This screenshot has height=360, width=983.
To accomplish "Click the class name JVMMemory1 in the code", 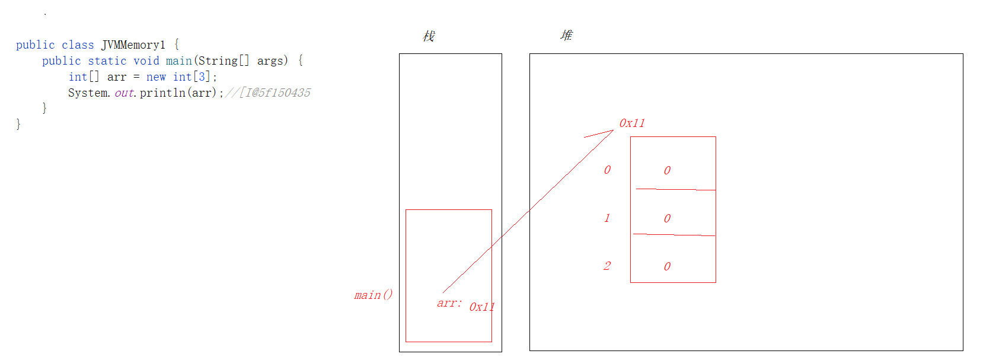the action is (133, 45).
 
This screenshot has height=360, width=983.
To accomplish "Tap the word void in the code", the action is (146, 61).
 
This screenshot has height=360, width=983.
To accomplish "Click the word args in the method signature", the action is (272, 61).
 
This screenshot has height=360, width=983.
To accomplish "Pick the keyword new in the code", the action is (156, 77).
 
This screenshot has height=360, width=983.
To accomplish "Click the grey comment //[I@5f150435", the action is (268, 93).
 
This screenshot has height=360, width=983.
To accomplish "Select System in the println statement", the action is (88, 93).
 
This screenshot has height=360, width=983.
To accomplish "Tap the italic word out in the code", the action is (124, 93).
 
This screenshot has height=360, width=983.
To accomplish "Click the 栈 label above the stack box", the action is (429, 36).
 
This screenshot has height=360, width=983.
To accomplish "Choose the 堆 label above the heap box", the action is (566, 36).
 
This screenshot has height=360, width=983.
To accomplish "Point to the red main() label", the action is (373, 295).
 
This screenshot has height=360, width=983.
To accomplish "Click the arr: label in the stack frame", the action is (449, 303).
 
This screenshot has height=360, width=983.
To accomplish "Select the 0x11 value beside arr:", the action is (481, 307).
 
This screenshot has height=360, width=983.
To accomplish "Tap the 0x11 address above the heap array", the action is (631, 123).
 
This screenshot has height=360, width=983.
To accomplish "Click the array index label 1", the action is (607, 218).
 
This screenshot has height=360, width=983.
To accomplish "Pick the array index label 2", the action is (607, 266).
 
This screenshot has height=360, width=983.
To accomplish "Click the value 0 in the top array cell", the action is (667, 171).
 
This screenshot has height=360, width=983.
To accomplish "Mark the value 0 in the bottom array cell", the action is (667, 267).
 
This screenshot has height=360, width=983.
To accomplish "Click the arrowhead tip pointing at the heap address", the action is (612, 130).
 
